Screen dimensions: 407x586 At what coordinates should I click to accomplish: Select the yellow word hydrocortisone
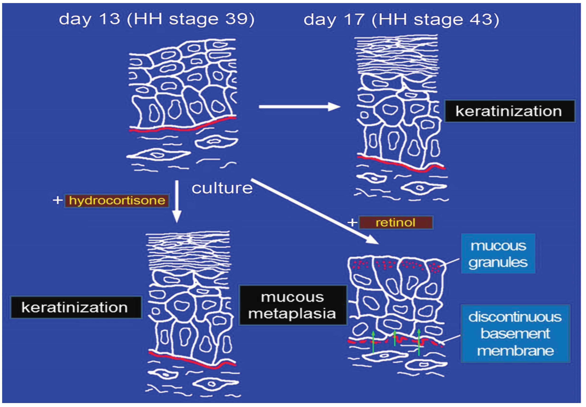click(x=117, y=200)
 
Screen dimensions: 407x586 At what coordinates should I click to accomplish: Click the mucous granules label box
click(x=498, y=254)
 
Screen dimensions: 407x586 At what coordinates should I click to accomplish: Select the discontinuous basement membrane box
click(x=515, y=334)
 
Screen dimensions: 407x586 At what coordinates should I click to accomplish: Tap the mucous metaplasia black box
click(x=293, y=305)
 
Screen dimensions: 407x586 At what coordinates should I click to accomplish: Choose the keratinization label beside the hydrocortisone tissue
click(x=75, y=307)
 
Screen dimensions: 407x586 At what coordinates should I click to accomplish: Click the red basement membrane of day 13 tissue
click(x=178, y=129)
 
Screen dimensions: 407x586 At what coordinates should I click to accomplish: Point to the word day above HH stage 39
click(x=75, y=19)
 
